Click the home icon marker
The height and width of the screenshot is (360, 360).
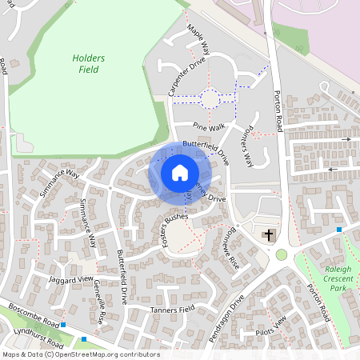pyautogui.click(x=180, y=173)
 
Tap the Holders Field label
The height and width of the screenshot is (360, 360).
pyautogui.click(x=88, y=63)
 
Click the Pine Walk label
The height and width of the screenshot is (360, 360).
pyautogui.click(x=207, y=126)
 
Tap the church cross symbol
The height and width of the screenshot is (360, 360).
pyautogui.click(x=269, y=234)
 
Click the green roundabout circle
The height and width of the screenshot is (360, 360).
pyautogui.click(x=282, y=255)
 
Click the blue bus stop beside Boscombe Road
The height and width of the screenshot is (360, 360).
pyautogui.click(x=63, y=326)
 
